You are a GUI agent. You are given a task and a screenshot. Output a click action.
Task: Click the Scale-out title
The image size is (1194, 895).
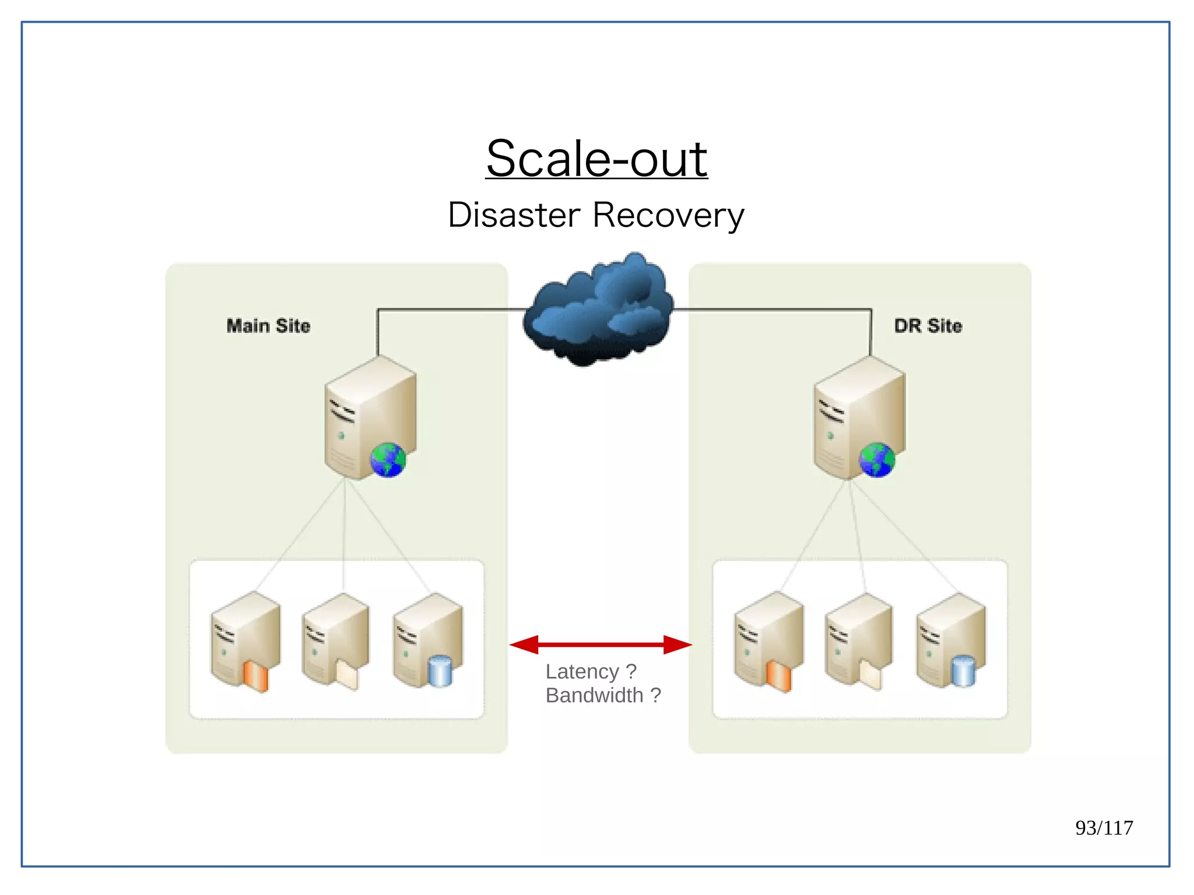[x=596, y=159]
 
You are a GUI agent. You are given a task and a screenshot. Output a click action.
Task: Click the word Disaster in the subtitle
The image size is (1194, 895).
[x=514, y=215]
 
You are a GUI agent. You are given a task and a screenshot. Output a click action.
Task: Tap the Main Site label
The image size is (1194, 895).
[x=268, y=325]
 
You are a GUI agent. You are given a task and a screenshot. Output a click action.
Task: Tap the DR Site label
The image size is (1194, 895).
[x=928, y=325]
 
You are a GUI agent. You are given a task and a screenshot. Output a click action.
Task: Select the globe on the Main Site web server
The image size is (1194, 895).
[x=388, y=460]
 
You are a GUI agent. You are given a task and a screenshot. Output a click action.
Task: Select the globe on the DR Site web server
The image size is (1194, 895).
[x=876, y=460]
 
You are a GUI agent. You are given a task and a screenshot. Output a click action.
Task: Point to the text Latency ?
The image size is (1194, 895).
[x=591, y=672]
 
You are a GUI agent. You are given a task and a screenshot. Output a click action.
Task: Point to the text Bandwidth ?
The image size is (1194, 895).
[x=603, y=695]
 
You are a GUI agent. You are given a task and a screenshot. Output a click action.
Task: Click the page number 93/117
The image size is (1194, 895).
[x=1104, y=827]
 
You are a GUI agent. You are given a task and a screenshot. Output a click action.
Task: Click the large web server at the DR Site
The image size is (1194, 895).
[x=859, y=417]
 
